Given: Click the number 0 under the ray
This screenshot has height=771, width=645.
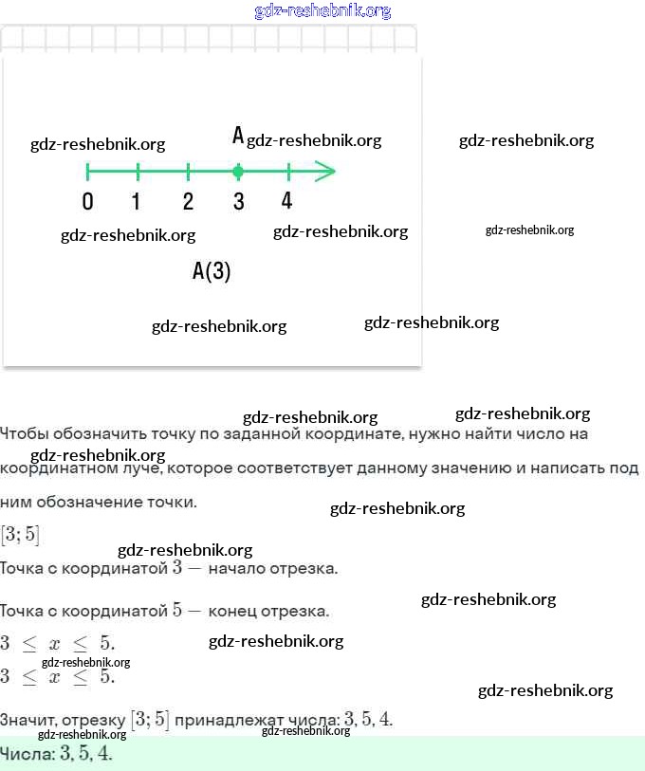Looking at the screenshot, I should click(x=87, y=201).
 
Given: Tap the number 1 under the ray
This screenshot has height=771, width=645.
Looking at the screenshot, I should click(x=137, y=201).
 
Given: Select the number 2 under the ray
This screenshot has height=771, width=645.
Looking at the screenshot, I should click(x=188, y=201).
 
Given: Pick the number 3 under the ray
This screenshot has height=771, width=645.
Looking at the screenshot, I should click(x=238, y=201).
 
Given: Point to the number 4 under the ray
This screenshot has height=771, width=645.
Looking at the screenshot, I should click(x=287, y=201).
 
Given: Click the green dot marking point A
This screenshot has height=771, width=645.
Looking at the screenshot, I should click(x=238, y=172).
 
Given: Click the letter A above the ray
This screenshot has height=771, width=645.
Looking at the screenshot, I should click(x=238, y=136).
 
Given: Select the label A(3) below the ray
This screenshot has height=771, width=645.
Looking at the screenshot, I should click(x=212, y=272).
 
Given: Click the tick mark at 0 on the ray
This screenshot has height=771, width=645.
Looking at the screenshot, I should click(x=87, y=172).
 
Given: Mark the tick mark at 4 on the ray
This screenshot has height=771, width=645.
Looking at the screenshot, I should click(x=288, y=172).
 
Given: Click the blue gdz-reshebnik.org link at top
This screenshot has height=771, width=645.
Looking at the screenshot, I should click(x=322, y=11).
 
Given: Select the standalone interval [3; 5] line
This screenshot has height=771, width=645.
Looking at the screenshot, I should click(x=20, y=535).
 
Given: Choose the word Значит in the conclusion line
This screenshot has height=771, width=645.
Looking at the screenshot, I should click(x=26, y=721).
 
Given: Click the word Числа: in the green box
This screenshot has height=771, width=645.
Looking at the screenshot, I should click(x=27, y=755).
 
